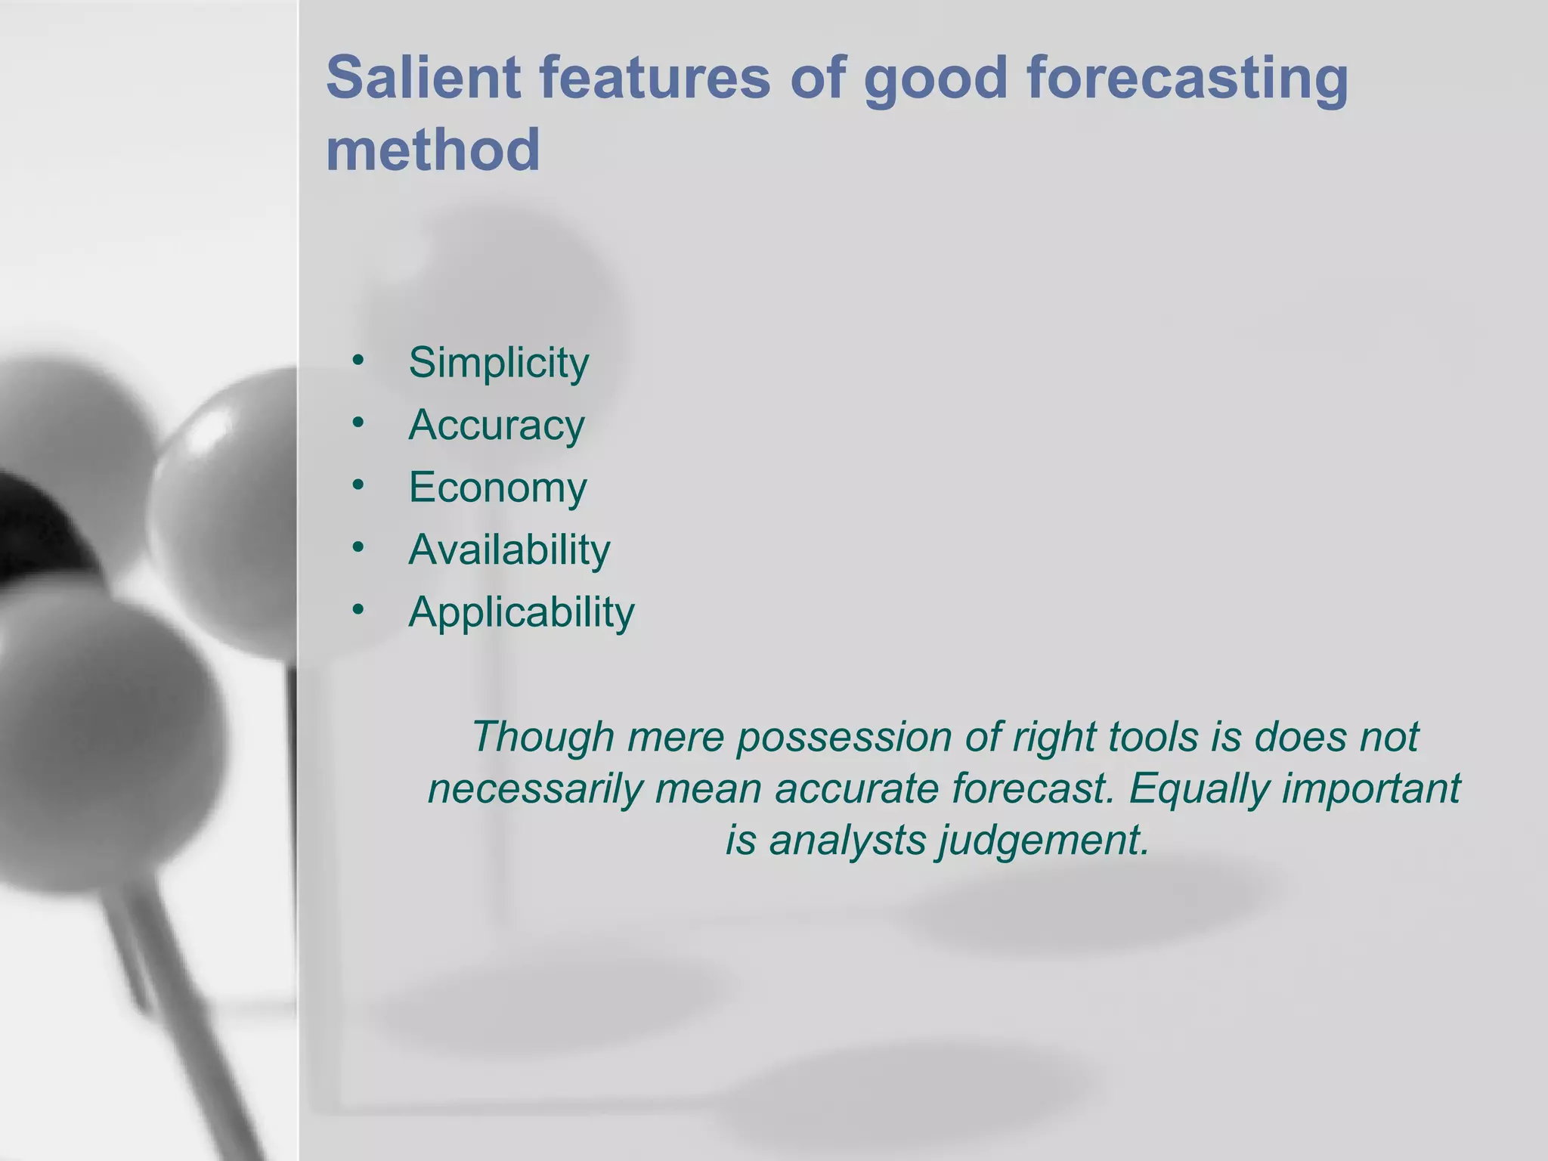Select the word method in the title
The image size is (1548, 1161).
click(432, 150)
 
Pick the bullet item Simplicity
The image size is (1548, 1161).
click(498, 363)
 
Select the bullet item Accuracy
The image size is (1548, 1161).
click(496, 425)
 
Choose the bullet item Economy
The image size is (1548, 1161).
click(497, 487)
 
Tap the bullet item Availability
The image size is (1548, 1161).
click(509, 550)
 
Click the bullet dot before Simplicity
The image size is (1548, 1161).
click(358, 360)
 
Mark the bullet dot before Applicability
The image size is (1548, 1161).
click(358, 608)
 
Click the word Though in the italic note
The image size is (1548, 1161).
click(543, 736)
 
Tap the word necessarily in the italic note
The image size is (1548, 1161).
click(534, 788)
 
